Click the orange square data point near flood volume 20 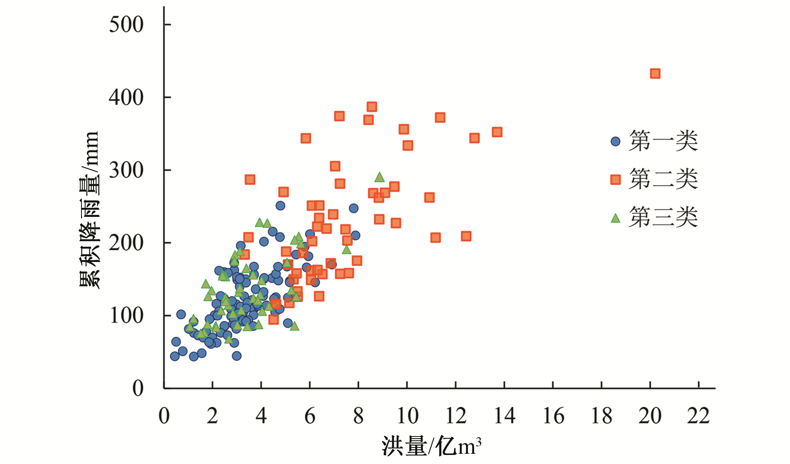(655, 73)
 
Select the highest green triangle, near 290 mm (379, 178)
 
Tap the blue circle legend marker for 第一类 (615, 141)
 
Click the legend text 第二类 (663, 179)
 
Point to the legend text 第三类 (663, 217)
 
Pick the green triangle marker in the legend (615, 218)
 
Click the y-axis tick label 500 (126, 25)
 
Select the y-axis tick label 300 (126, 170)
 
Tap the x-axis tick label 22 (698, 416)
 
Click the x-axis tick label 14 (504, 416)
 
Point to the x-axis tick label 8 (358, 416)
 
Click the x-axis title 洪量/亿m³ (431, 447)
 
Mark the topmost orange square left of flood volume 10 (372, 107)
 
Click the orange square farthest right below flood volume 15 (497, 132)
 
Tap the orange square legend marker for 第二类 (615, 180)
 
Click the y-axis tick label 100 (126, 315)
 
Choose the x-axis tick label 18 (602, 416)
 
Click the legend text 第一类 (663, 141)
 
